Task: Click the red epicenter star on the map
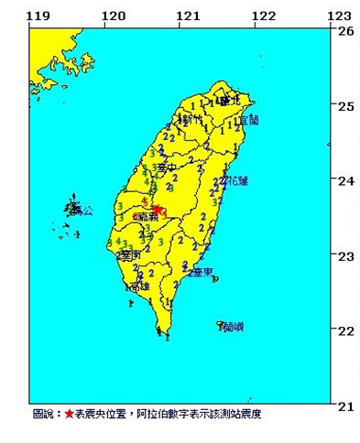coord(157,210)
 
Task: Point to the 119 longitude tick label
coord(38,16)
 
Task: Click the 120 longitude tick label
coord(113,16)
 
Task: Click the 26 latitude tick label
coord(345,30)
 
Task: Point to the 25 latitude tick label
coord(345,105)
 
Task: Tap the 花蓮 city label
coord(235,181)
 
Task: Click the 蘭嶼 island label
coord(234,327)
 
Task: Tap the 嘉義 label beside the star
coord(143,218)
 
